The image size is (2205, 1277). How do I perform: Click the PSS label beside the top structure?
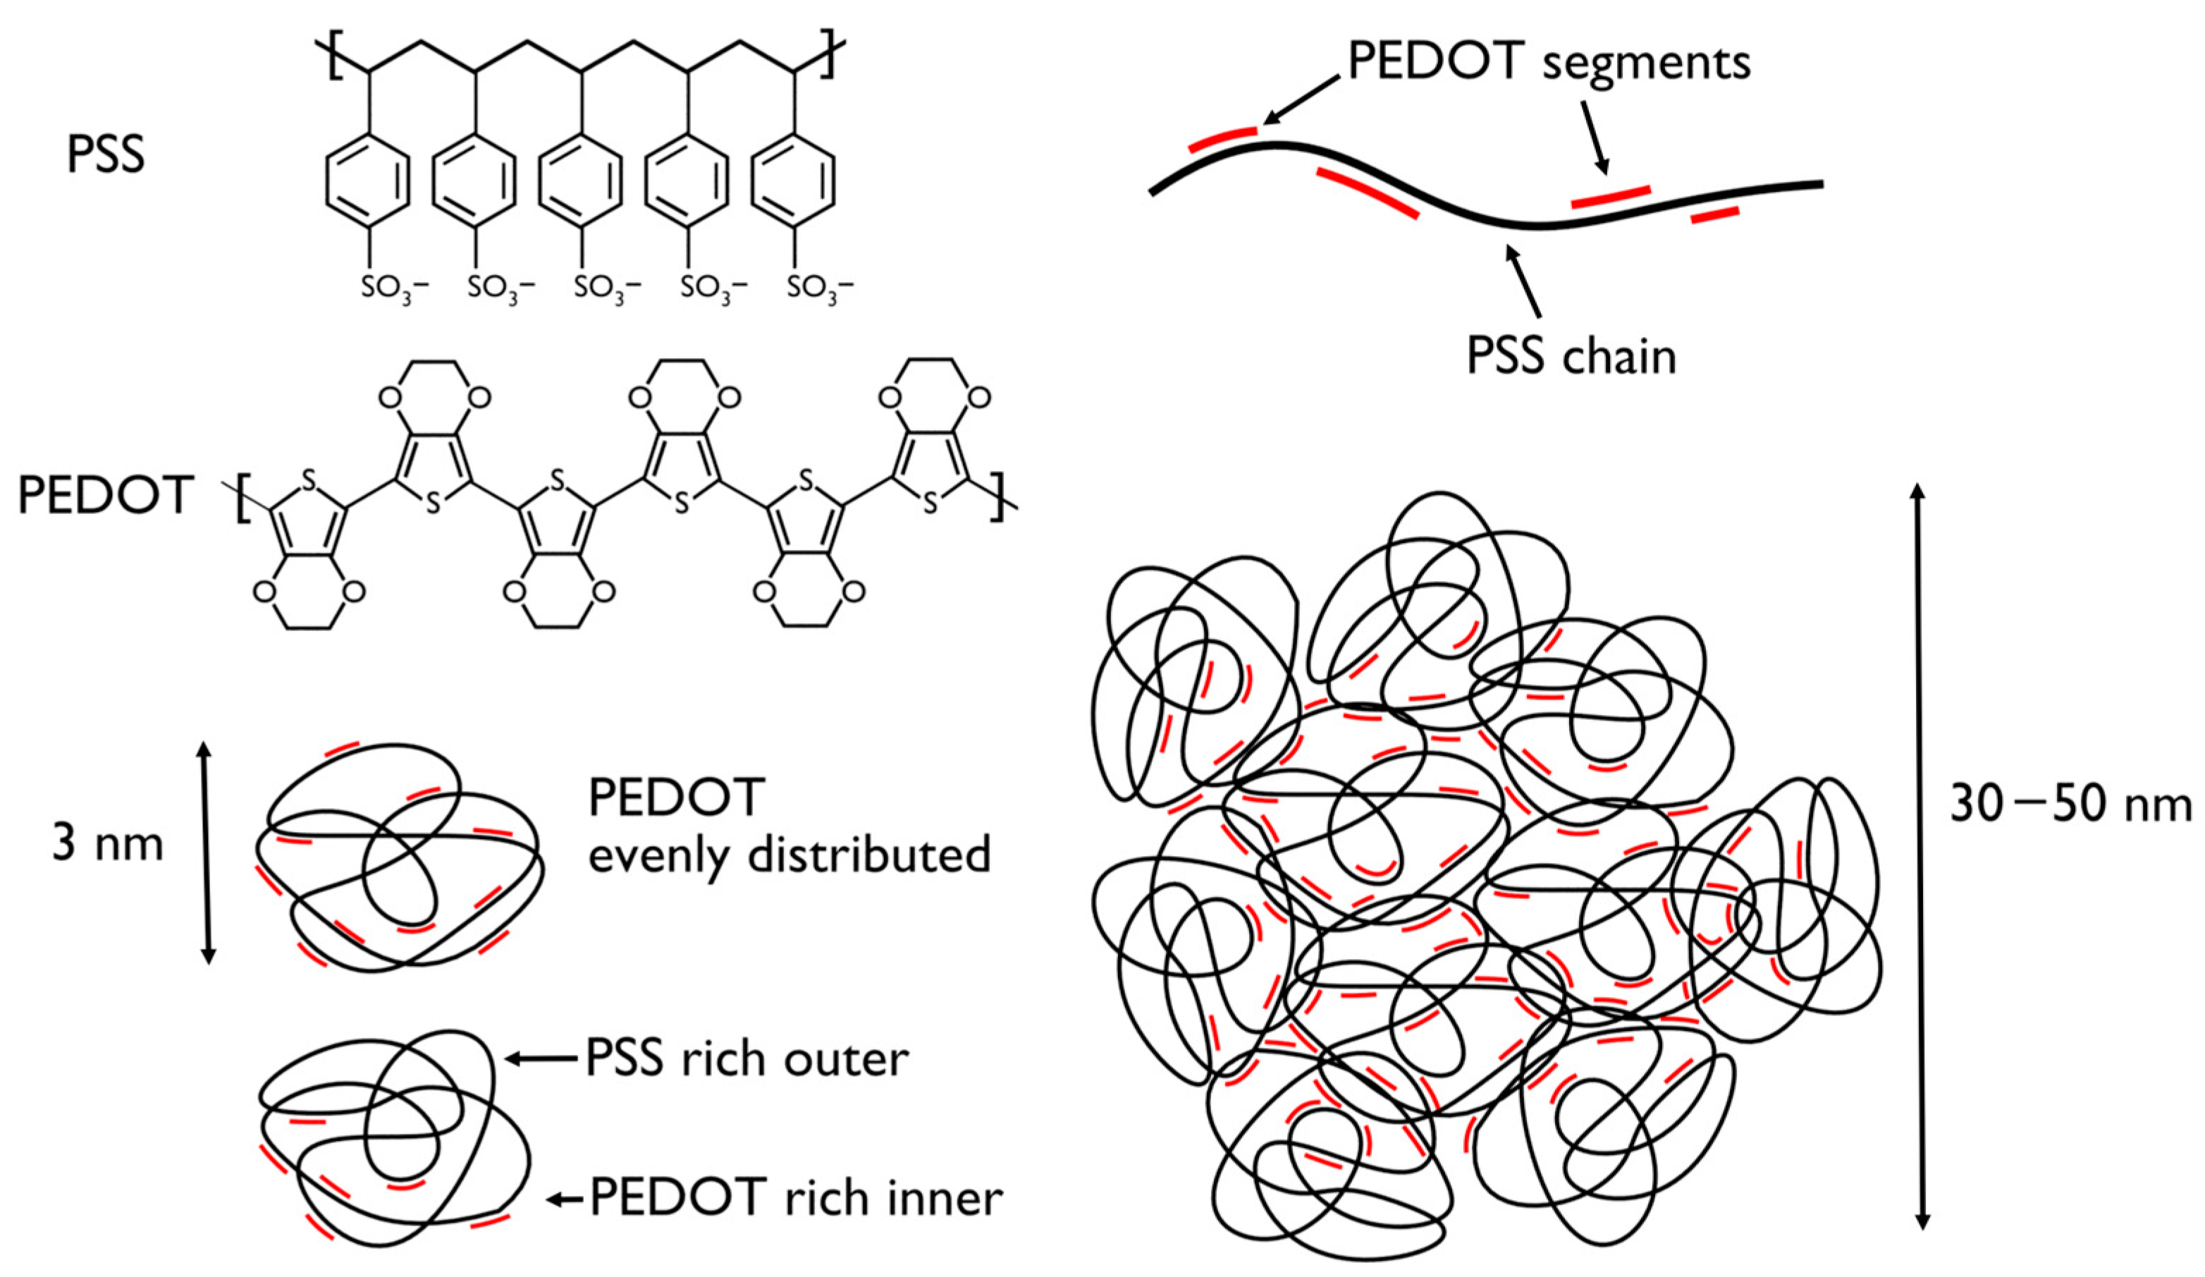point(105,156)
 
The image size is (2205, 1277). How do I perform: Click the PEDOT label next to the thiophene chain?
point(105,496)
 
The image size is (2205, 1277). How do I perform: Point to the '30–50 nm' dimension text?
point(2070,803)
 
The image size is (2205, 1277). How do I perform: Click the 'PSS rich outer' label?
point(747,1059)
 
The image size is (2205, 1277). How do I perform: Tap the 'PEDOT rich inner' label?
point(797,1197)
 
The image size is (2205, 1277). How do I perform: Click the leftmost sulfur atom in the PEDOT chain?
point(307,479)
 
